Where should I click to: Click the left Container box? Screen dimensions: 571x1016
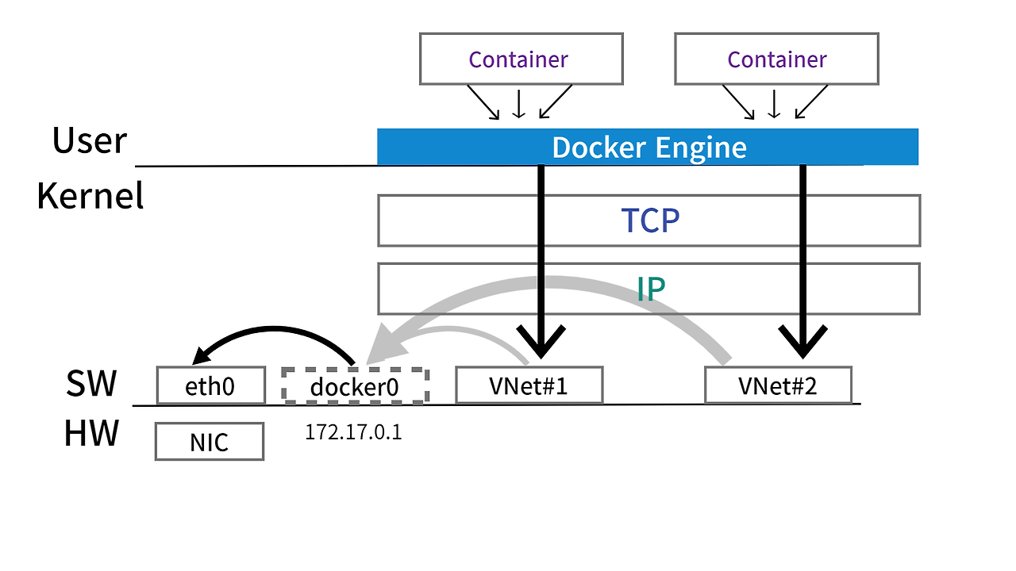point(521,59)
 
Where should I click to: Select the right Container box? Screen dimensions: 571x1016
point(776,59)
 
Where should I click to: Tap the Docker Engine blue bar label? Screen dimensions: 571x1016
point(648,148)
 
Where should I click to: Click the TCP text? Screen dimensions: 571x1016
point(650,221)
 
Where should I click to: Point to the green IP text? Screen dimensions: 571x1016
point(650,289)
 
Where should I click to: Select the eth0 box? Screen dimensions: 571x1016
point(210,385)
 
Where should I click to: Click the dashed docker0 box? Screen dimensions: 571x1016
point(355,386)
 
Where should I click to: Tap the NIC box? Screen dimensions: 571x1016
point(209,442)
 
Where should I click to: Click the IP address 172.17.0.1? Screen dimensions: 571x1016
point(353,433)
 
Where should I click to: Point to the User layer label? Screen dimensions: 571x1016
point(89,140)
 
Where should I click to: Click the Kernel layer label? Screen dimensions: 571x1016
point(90,195)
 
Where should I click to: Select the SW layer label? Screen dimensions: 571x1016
point(91,384)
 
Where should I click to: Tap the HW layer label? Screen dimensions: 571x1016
point(91,434)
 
